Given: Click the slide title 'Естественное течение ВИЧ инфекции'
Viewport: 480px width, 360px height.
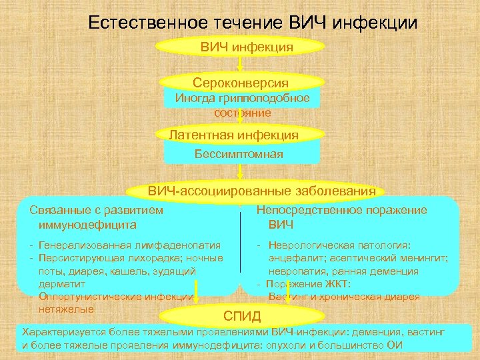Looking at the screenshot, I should pyautogui.click(x=253, y=23).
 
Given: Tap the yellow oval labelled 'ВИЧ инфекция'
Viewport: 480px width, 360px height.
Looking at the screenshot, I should pyautogui.click(x=240, y=47).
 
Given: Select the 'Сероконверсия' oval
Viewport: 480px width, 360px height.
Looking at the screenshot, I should pyautogui.click(x=240, y=83).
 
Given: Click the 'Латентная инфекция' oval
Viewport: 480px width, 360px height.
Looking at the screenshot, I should pyautogui.click(x=234, y=135).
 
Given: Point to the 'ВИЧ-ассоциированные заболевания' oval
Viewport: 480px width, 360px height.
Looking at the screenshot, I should pyautogui.click(x=261, y=191).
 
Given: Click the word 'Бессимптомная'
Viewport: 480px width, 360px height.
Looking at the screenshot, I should pyautogui.click(x=239, y=154).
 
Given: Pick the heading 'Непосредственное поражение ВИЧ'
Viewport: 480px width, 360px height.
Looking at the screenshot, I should pyautogui.click(x=341, y=217).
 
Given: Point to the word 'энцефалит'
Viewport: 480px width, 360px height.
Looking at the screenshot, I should pyautogui.click(x=298, y=258).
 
